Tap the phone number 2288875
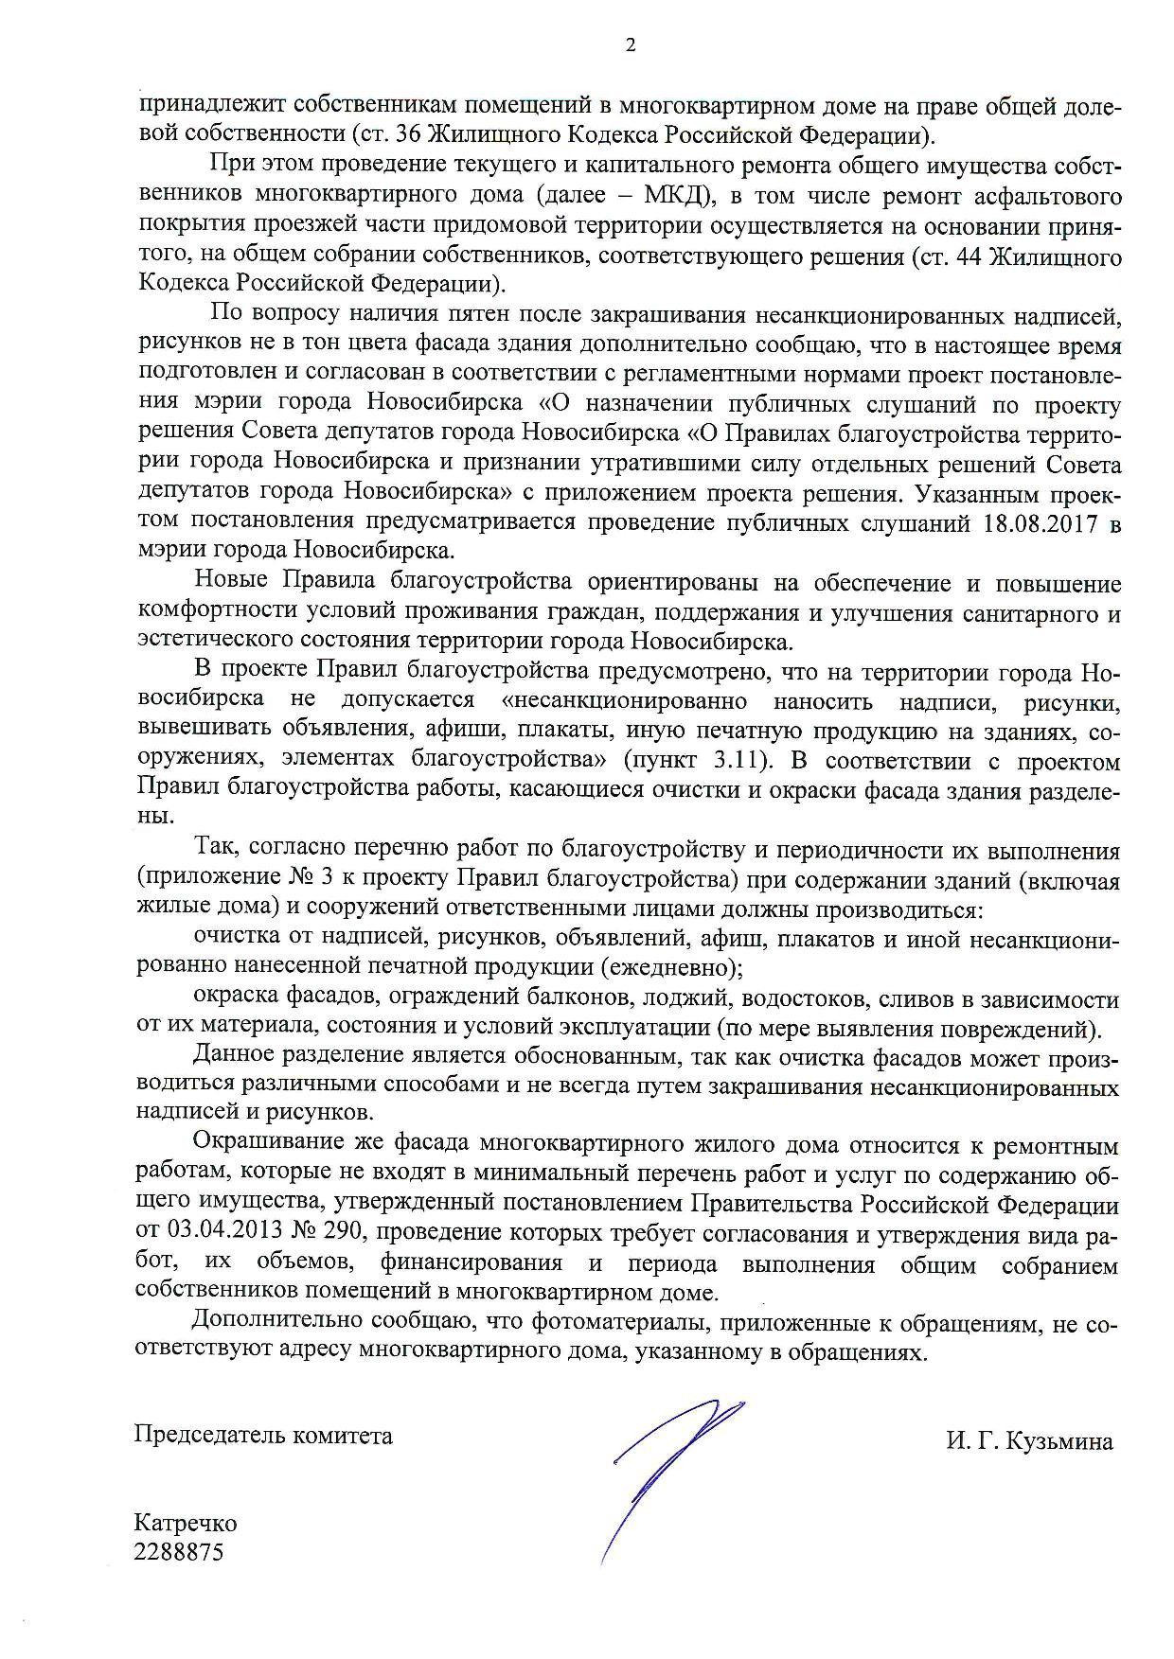[x=180, y=1552]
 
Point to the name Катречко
[x=186, y=1524]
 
